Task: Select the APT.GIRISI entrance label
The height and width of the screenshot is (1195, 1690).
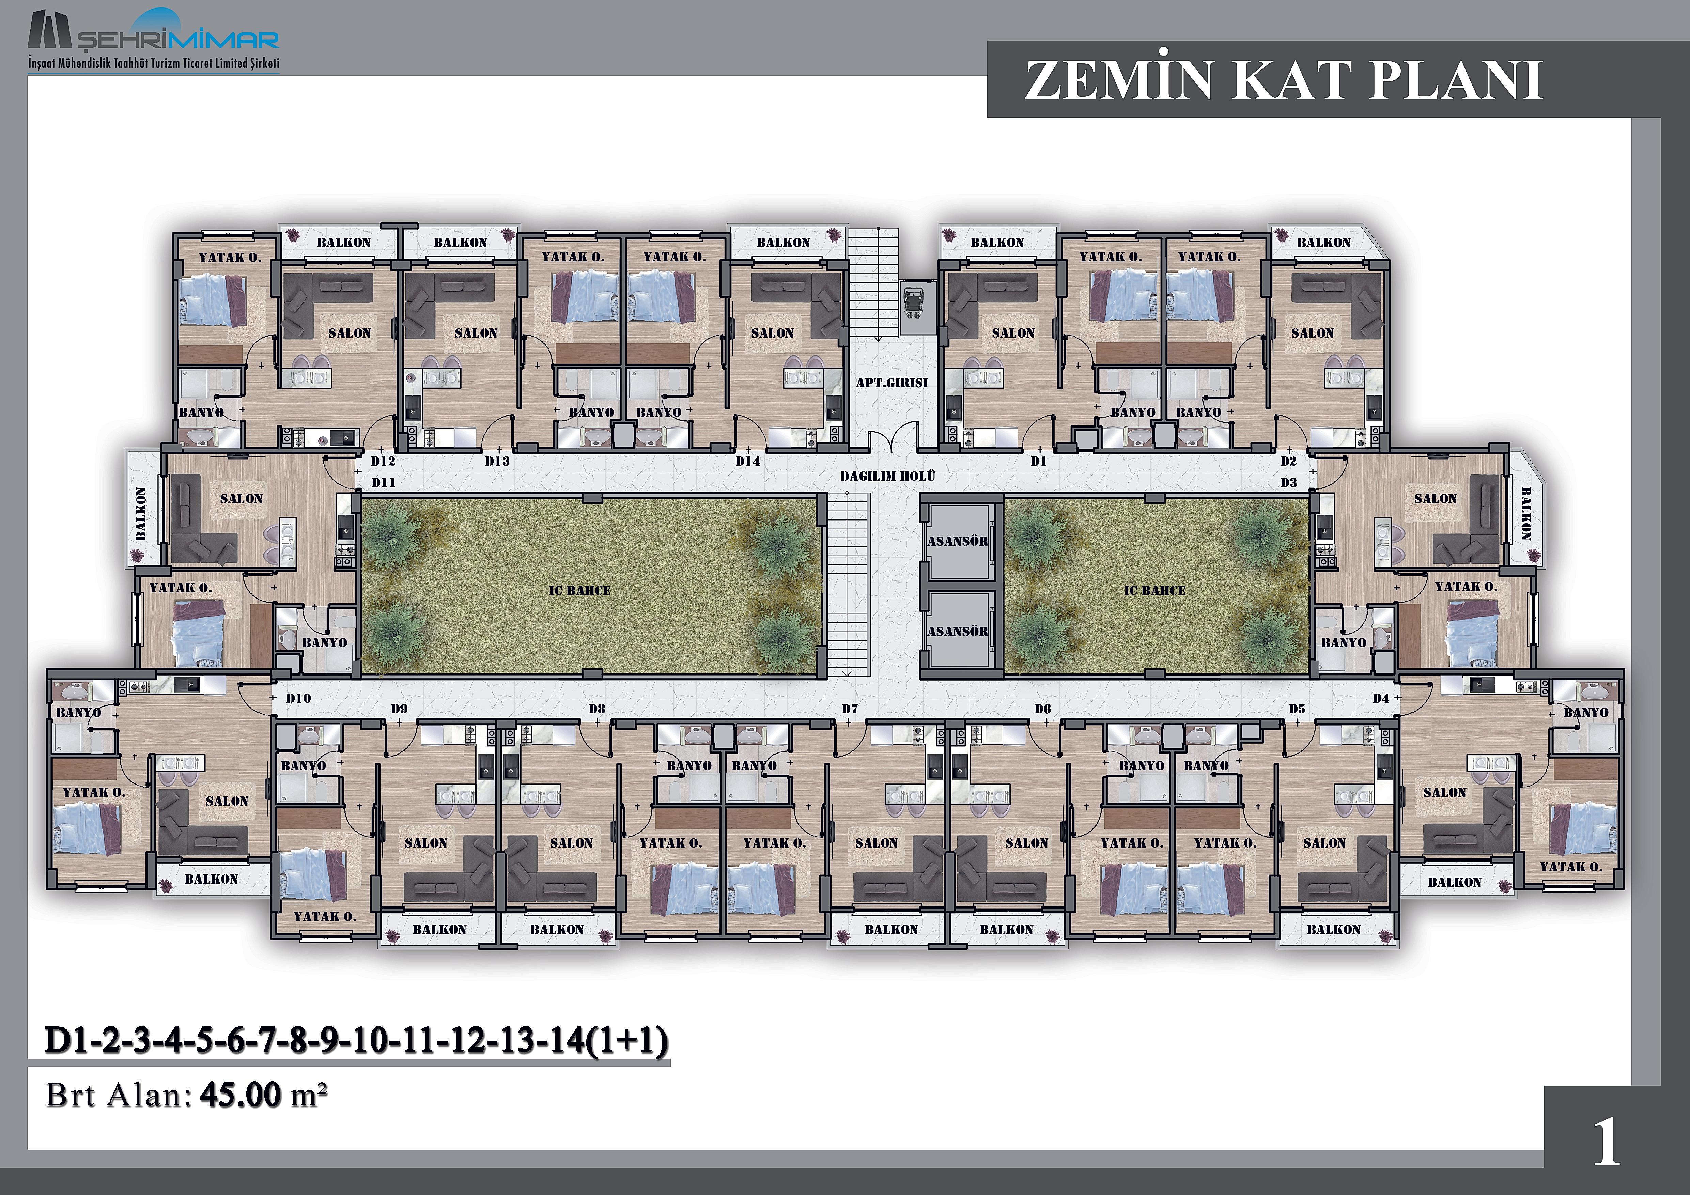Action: pyautogui.click(x=891, y=383)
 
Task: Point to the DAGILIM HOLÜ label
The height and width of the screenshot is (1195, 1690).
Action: pyautogui.click(x=888, y=476)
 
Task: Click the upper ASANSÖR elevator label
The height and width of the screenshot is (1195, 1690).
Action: pyautogui.click(x=958, y=541)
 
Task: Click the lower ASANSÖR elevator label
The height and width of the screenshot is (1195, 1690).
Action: pyautogui.click(x=958, y=631)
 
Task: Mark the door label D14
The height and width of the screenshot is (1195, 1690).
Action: pyautogui.click(x=748, y=461)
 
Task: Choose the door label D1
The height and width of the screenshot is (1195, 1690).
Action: pyautogui.click(x=1039, y=461)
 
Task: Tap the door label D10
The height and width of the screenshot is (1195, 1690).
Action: pyautogui.click(x=298, y=698)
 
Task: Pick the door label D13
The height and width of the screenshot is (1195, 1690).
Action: pyautogui.click(x=498, y=461)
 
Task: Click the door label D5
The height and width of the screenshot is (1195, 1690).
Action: pyautogui.click(x=1297, y=709)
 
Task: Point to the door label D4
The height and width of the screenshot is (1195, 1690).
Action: pyautogui.click(x=1381, y=698)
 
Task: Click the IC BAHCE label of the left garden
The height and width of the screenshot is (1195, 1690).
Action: pyautogui.click(x=580, y=590)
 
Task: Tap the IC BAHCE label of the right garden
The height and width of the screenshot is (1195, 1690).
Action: pyautogui.click(x=1155, y=590)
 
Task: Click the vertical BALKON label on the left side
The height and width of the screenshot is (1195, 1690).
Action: pyautogui.click(x=141, y=513)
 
